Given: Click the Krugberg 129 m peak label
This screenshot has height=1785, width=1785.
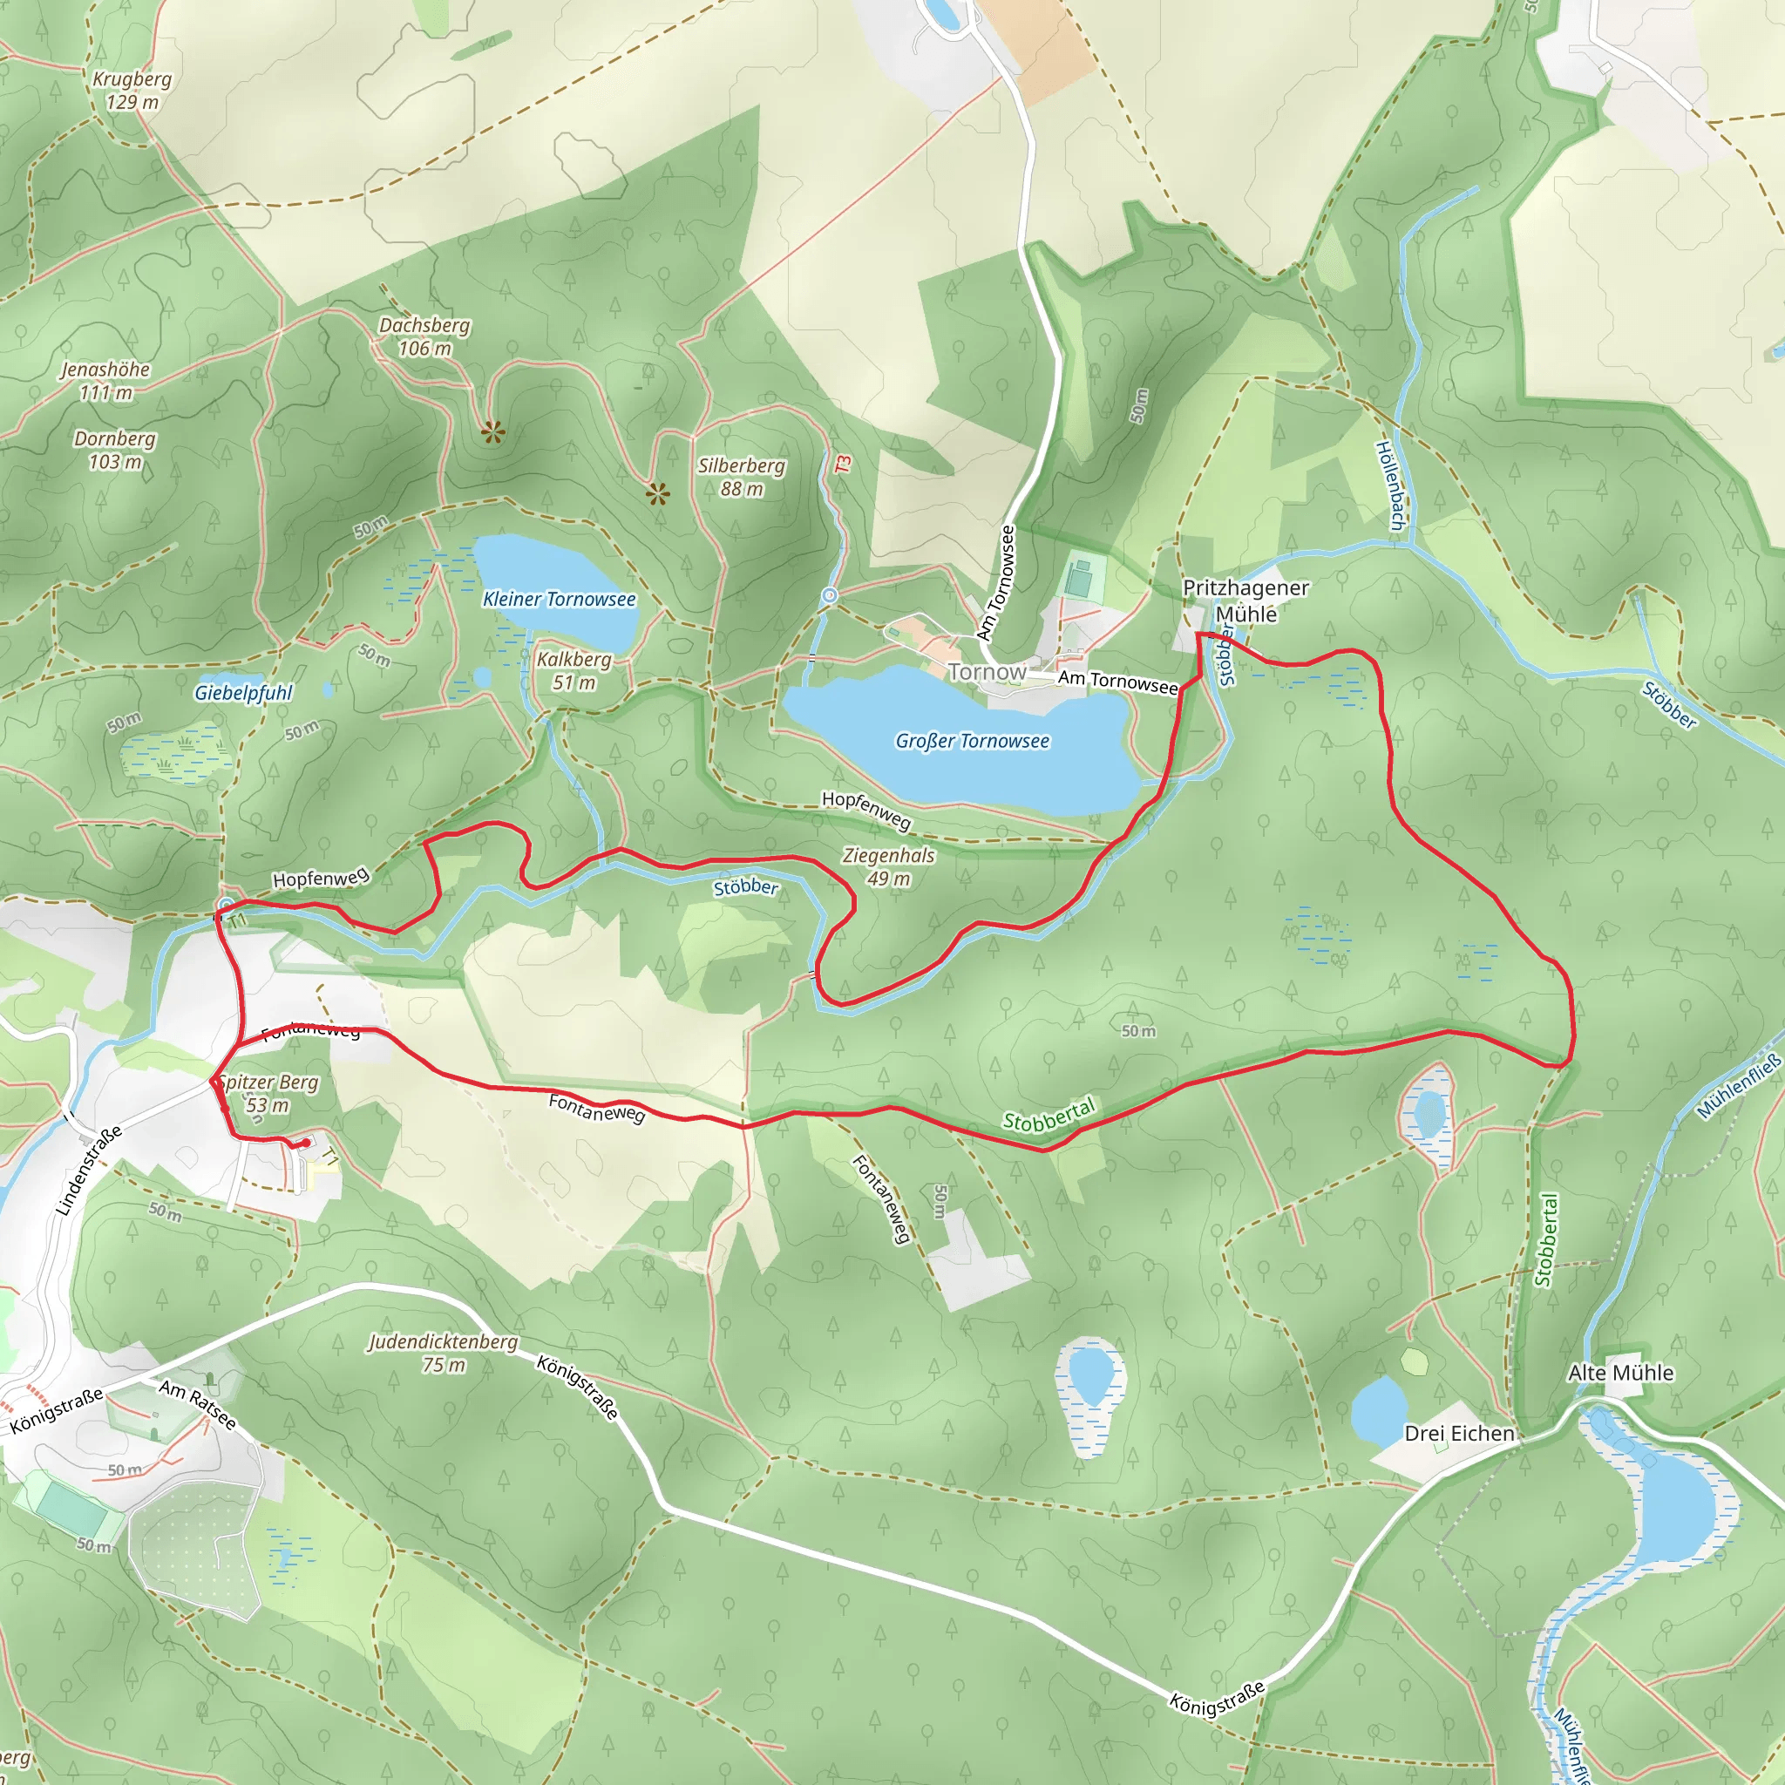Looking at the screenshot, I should (x=132, y=91).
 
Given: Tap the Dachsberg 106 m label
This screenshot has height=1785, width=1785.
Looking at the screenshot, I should (x=424, y=336).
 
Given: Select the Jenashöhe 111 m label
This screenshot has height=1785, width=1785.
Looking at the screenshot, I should (x=105, y=381).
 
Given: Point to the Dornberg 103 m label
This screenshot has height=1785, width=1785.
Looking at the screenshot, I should (x=114, y=450).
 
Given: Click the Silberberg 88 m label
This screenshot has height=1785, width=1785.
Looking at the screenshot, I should (x=741, y=477).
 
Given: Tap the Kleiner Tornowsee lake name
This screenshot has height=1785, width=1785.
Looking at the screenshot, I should (x=559, y=599).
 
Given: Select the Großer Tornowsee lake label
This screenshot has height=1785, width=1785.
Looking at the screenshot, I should (x=972, y=741).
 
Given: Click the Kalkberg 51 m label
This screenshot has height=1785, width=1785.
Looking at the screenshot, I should (x=574, y=671).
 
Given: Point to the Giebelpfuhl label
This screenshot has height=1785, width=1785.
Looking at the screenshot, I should (x=243, y=693).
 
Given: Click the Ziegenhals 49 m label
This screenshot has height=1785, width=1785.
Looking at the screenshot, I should (x=888, y=866).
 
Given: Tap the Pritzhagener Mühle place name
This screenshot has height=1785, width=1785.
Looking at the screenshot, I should (x=1245, y=601).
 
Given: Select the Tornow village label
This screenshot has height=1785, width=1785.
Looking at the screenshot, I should (x=987, y=672).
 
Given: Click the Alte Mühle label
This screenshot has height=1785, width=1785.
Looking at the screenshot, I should (x=1620, y=1373).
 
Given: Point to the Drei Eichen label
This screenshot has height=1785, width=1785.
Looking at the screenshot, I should (x=1459, y=1433).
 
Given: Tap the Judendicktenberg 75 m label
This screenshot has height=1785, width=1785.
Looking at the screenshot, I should (x=444, y=1353).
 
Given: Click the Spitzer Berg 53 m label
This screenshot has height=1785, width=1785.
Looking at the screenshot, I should (x=268, y=1093).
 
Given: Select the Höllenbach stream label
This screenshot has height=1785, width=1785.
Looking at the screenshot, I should (x=1390, y=485).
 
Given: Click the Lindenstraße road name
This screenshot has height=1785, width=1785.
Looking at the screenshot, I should (x=89, y=1170).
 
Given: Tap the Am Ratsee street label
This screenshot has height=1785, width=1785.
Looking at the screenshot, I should (x=198, y=1404).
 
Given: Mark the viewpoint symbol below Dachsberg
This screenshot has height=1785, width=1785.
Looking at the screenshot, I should (x=492, y=431).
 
